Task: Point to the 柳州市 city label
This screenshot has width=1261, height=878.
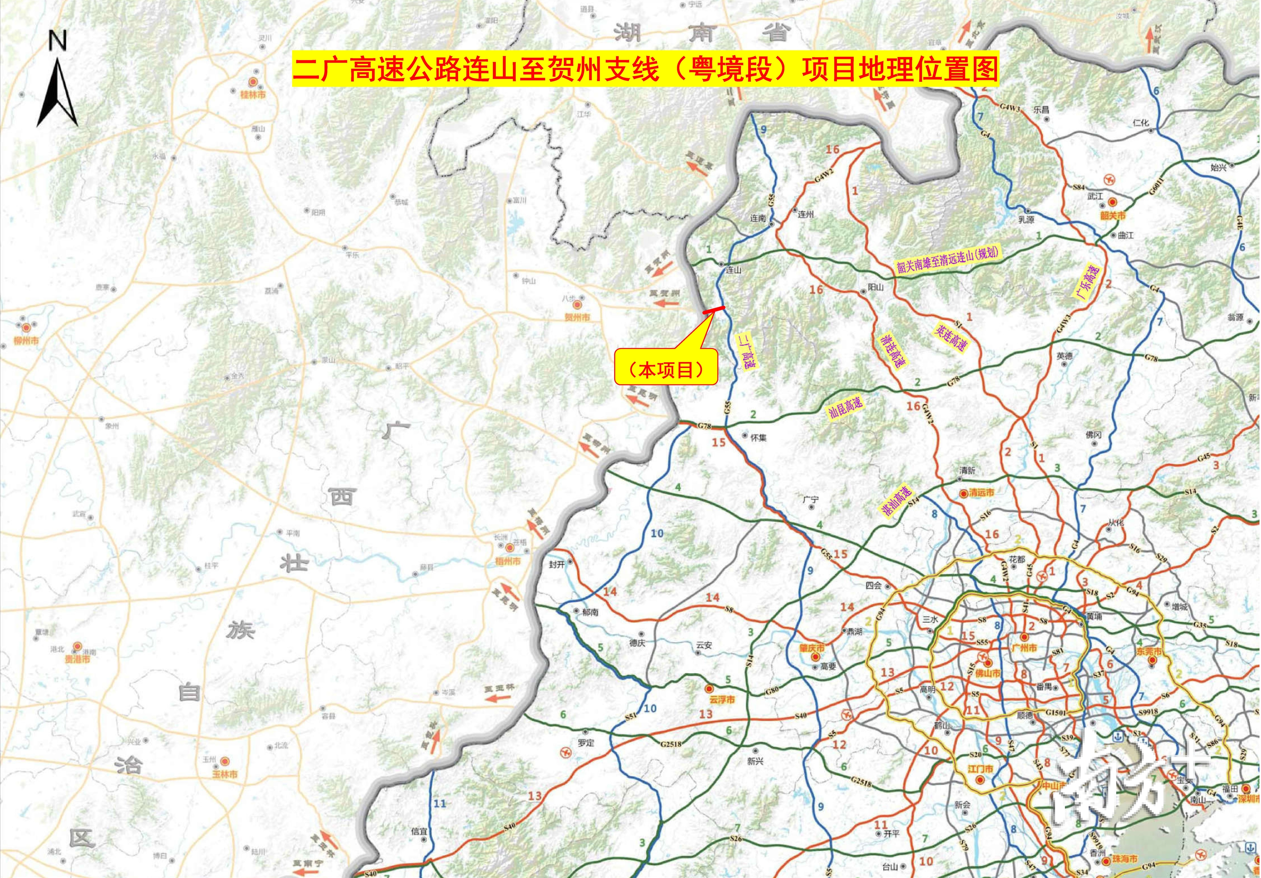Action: click(x=26, y=341)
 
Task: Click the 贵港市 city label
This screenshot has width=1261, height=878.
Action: click(x=77, y=659)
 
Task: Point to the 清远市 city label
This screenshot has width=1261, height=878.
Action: click(x=981, y=493)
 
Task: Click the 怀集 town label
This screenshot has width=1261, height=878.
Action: click(x=758, y=438)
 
